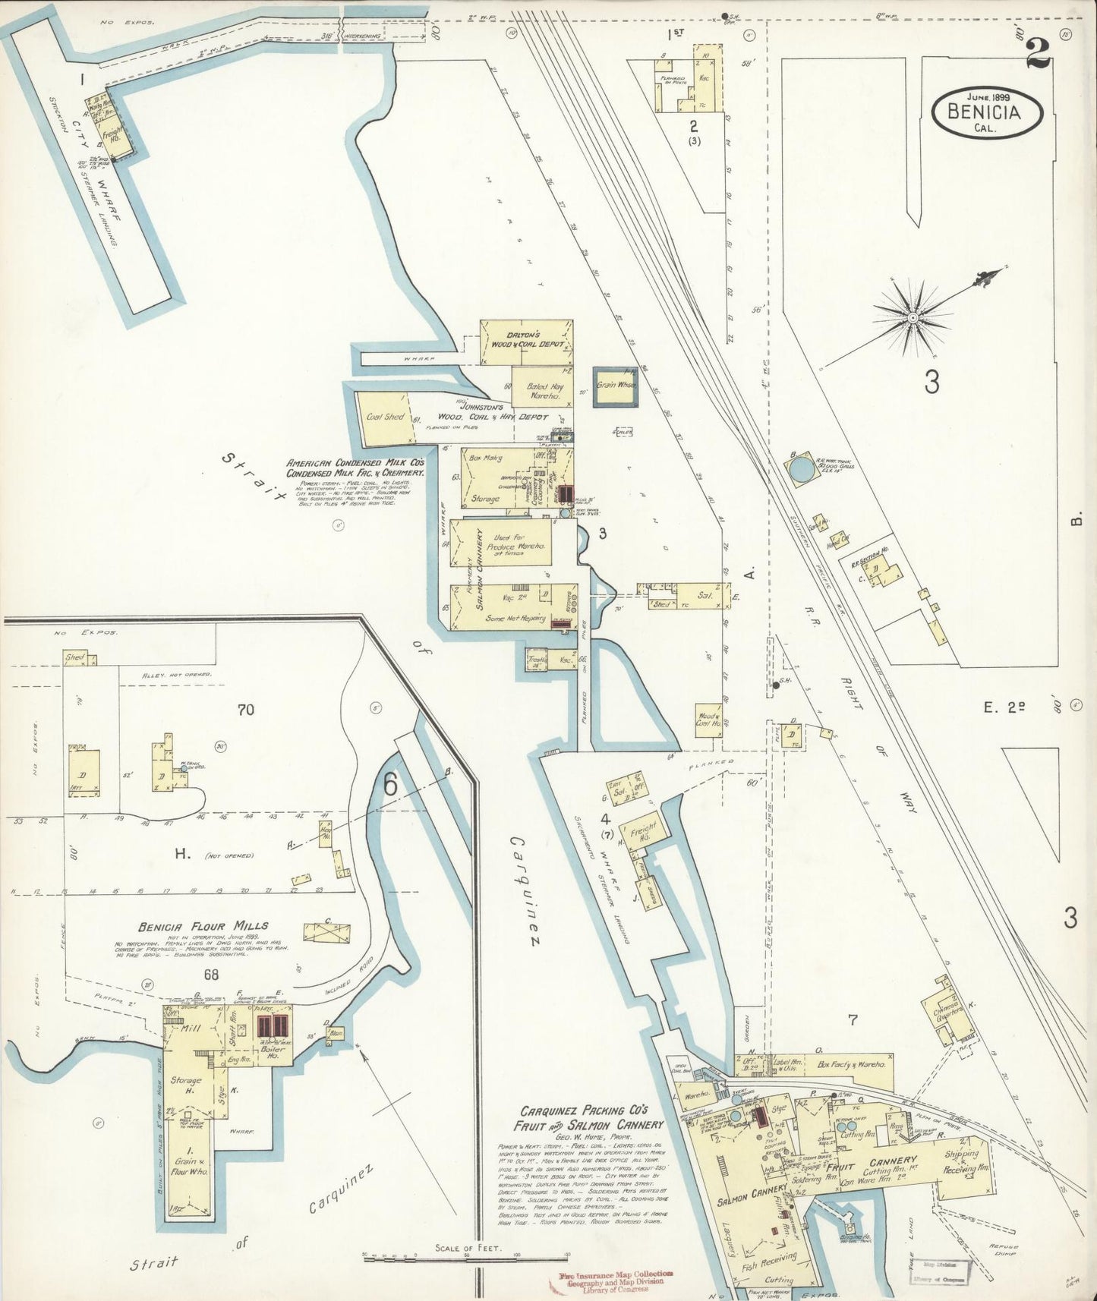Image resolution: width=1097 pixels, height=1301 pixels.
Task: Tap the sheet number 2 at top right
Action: (x=1038, y=53)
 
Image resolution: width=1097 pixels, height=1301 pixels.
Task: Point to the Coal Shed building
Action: (x=385, y=417)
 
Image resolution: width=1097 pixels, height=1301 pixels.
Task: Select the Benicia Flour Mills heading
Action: (x=203, y=926)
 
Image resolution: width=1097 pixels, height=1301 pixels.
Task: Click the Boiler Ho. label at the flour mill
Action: (x=270, y=1052)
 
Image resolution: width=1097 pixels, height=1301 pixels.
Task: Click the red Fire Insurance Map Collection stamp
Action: (x=604, y=1279)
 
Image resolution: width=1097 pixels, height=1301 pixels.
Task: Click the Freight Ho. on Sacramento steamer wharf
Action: (x=643, y=829)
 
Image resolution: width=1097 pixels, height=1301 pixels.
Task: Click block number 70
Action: (x=244, y=710)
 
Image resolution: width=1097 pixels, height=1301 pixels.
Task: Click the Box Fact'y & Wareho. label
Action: (x=853, y=1065)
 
